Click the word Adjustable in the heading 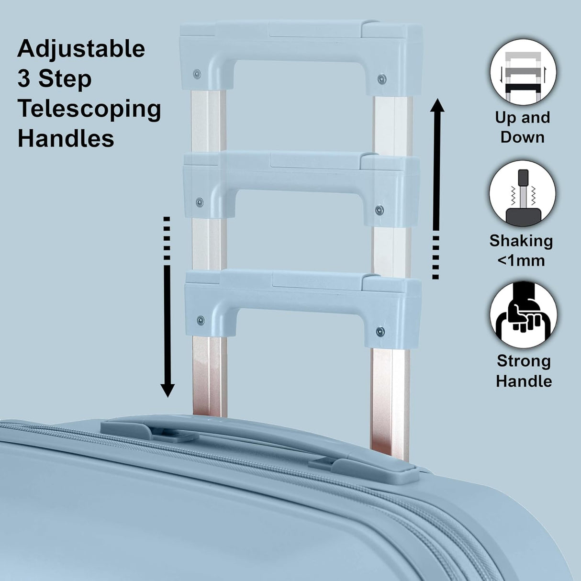(x=81, y=49)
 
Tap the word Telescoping (x=89, y=109)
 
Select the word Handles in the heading (x=66, y=139)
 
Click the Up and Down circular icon (x=523, y=73)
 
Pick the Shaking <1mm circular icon (x=523, y=194)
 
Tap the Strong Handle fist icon (x=523, y=315)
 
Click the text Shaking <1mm (x=521, y=250)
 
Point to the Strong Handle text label (x=524, y=371)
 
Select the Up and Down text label (x=522, y=127)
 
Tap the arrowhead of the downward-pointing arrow (x=167, y=390)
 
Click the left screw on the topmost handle (x=197, y=74)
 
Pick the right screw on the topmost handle (x=381, y=79)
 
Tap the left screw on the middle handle (x=199, y=201)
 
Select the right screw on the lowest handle (x=380, y=331)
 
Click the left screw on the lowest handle (x=201, y=320)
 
